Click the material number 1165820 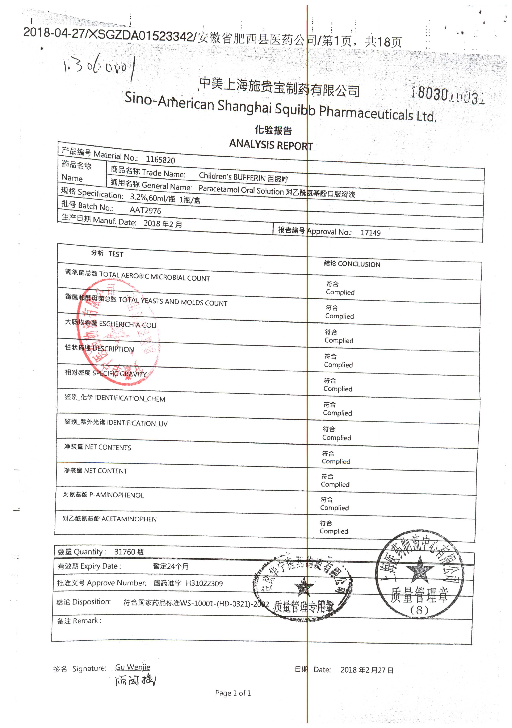160,160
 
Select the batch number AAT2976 145,210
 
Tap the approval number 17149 370,233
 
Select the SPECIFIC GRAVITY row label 119,373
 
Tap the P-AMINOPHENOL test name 116,495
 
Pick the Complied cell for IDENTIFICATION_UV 337,437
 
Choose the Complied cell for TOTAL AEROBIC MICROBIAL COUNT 340,292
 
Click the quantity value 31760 125,552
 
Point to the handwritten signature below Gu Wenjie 135,680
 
